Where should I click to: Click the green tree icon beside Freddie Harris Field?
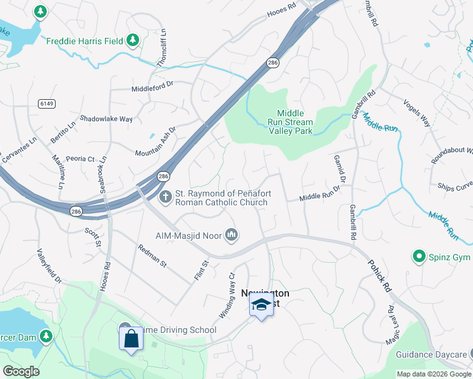[x=132, y=41]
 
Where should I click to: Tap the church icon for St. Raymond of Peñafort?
[x=166, y=197]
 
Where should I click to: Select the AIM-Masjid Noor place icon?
[x=231, y=236]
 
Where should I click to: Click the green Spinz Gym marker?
[x=418, y=256]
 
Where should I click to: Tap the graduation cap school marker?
[x=261, y=306]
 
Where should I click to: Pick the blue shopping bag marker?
[x=131, y=339]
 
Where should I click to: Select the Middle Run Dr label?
[x=319, y=197]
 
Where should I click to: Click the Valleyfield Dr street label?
[x=51, y=265]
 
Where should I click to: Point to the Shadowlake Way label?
[x=106, y=119]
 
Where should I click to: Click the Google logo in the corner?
[x=21, y=371]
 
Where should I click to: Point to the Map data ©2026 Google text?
[x=433, y=374]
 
